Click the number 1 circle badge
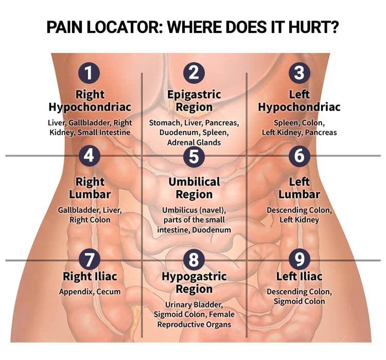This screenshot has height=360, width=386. click(x=89, y=73)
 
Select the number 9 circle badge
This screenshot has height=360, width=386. click(x=299, y=259)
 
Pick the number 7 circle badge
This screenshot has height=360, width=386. click(x=89, y=259)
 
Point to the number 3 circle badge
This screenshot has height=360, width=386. click(x=299, y=73)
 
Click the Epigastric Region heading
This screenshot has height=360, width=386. click(x=194, y=101)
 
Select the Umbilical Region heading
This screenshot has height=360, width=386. click(x=194, y=188)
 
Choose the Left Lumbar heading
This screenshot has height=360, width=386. click(x=299, y=188)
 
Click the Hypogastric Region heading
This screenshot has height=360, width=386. click(x=194, y=282)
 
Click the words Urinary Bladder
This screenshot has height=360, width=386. click(x=194, y=304)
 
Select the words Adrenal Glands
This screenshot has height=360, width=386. click(x=194, y=142)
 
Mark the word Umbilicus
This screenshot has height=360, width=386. click(x=178, y=210)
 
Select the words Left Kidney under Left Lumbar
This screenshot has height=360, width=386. click(x=299, y=220)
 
